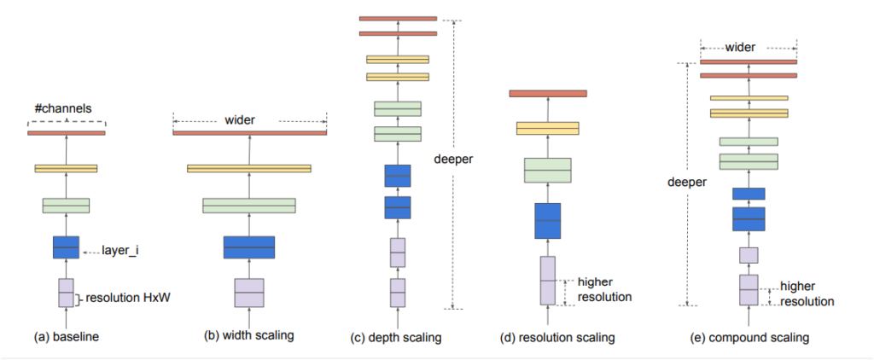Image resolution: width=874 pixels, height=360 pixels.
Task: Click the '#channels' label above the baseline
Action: point(67,108)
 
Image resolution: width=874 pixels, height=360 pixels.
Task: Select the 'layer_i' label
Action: point(120,252)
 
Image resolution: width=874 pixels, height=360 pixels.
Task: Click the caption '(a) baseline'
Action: point(66,337)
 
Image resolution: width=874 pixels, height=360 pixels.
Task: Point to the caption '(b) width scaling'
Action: point(248,336)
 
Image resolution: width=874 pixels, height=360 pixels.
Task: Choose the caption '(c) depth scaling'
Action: point(397,338)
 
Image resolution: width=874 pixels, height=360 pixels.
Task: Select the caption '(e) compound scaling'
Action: point(748,338)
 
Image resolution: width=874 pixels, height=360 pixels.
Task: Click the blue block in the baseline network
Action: point(66,247)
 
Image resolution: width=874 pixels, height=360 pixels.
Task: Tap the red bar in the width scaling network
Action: point(250,133)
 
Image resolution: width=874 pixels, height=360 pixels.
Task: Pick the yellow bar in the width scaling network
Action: point(249,168)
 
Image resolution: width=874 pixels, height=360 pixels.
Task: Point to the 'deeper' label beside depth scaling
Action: point(453,160)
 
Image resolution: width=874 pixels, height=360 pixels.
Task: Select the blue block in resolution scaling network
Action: point(547,221)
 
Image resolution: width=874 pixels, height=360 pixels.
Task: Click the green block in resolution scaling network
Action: point(548,170)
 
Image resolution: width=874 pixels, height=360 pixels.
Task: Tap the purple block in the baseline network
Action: point(66,293)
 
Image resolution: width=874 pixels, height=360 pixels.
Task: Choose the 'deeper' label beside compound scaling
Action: point(687,183)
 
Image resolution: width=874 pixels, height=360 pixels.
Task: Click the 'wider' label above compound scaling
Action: point(740,48)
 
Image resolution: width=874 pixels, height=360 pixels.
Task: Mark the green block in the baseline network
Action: point(66,206)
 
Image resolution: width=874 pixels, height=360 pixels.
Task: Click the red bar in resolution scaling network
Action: point(548,94)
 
